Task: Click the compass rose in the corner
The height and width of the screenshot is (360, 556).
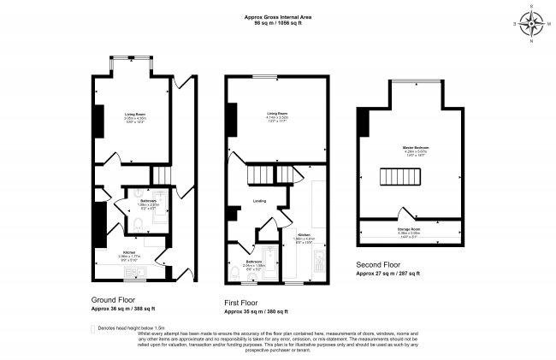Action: (x=531, y=25)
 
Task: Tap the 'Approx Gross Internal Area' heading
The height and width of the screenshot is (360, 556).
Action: (x=279, y=16)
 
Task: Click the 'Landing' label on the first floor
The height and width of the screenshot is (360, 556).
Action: (x=259, y=202)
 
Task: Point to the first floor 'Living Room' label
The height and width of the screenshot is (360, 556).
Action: (x=276, y=114)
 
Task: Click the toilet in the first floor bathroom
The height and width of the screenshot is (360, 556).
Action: (x=236, y=272)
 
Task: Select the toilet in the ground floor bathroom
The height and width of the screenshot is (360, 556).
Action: (x=137, y=224)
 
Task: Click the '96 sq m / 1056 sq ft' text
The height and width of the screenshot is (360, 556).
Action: (x=279, y=23)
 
